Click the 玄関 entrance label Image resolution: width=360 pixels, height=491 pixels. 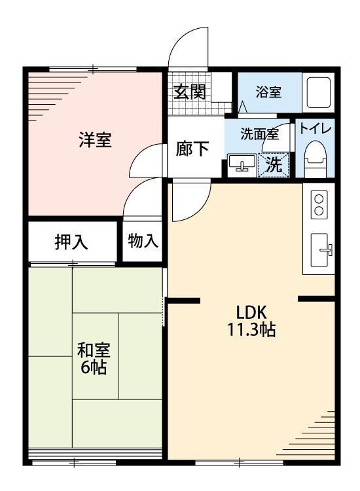189,91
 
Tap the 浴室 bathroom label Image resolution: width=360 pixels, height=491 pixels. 268,92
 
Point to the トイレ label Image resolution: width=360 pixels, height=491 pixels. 315,129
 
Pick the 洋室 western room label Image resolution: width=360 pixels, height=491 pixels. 95,140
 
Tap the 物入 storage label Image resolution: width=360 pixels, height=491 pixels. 142,241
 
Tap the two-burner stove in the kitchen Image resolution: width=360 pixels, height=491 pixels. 319,205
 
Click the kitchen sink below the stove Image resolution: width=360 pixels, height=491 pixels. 321,249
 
